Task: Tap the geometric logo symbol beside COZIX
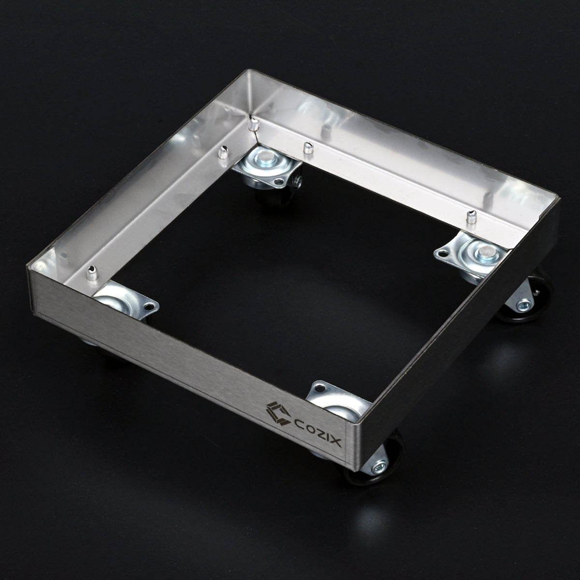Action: click(277, 413)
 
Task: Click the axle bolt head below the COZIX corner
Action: click(378, 476)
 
